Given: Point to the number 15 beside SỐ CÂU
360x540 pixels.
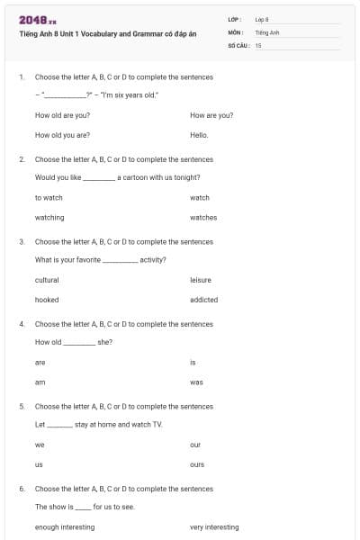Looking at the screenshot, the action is coord(258,44).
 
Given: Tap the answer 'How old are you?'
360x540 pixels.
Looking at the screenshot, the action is coord(62,115).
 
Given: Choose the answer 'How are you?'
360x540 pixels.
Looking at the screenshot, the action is coord(211,115).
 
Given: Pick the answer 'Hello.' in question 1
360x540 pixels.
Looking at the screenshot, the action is coord(199,135).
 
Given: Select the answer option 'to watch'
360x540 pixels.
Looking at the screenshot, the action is coord(49,197).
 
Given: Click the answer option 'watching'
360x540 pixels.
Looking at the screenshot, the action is coord(49,217).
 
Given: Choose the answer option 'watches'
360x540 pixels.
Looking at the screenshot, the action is coord(203,217).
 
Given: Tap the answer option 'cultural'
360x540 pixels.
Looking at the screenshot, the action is coord(47,280).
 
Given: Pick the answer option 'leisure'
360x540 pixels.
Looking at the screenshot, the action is coord(201,280).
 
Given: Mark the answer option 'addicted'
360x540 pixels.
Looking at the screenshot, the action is coord(203,300).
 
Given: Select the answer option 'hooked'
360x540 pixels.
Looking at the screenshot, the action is coord(47,300).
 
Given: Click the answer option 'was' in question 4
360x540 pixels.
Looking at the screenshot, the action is coord(196,382).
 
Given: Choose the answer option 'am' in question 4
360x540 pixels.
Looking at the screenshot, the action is coord(40,382).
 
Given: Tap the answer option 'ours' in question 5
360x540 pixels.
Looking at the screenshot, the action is coord(197,464).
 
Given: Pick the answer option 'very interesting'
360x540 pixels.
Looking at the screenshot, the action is coord(214,526).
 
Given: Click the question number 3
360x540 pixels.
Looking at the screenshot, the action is coord(22,241).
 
